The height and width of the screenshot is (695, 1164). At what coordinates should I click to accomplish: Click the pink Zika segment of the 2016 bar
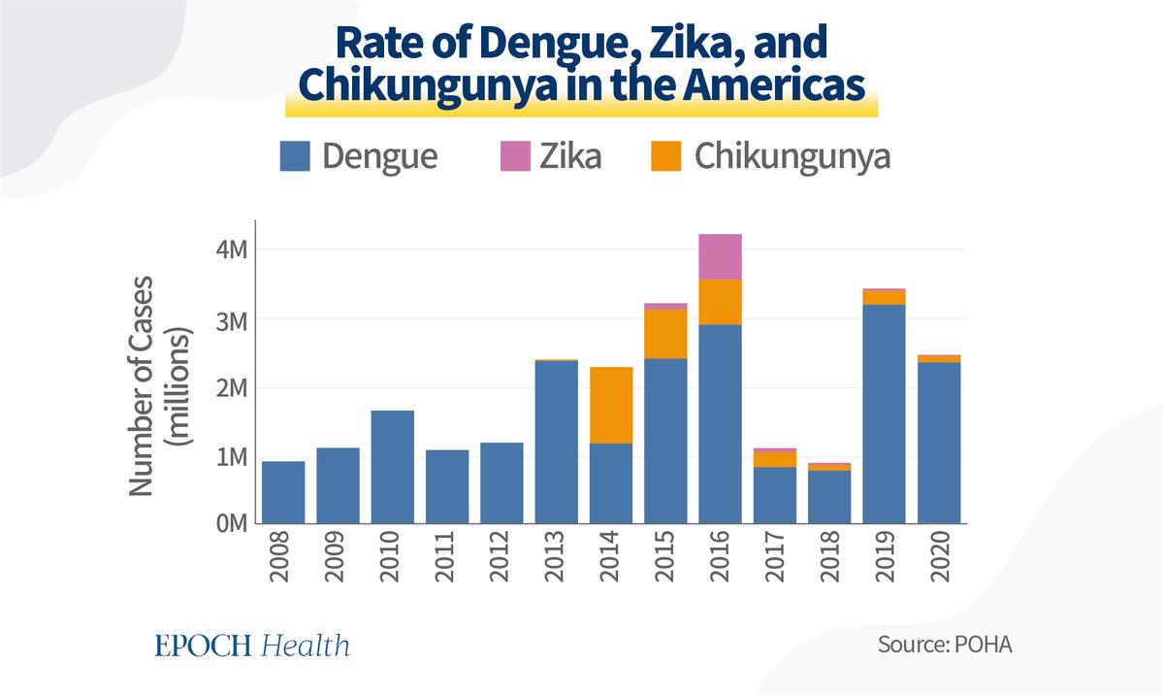click(x=720, y=257)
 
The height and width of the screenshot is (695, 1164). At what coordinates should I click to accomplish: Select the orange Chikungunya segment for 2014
click(x=611, y=406)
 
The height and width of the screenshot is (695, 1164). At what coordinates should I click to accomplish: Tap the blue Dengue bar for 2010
click(x=392, y=467)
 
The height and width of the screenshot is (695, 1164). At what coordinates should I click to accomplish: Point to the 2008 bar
click(x=283, y=492)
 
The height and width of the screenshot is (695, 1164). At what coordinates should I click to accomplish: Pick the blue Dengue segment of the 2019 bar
click(x=884, y=414)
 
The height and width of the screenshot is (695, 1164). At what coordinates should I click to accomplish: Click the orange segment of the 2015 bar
click(x=665, y=334)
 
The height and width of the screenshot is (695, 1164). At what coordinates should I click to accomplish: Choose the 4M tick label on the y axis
click(x=232, y=250)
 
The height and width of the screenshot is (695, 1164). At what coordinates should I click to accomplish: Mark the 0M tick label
click(x=232, y=523)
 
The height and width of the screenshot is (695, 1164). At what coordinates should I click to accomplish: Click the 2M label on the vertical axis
click(x=232, y=388)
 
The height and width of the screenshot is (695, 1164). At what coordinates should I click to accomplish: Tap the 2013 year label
click(x=555, y=556)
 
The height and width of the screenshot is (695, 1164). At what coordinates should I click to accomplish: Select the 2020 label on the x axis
click(x=940, y=556)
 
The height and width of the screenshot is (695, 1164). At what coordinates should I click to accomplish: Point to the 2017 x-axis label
click(x=775, y=556)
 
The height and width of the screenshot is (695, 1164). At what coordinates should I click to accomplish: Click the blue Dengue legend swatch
click(x=295, y=156)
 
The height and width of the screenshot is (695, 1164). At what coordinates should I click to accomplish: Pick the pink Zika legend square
click(x=515, y=156)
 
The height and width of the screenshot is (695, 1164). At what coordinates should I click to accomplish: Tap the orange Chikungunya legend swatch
click(x=666, y=156)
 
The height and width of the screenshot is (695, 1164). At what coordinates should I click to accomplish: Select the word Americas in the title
click(x=774, y=84)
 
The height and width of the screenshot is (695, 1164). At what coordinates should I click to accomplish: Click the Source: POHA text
click(x=945, y=645)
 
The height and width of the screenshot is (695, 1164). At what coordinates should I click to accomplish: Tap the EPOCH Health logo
click(x=252, y=645)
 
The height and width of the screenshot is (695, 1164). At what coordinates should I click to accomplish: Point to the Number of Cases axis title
click(x=141, y=385)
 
